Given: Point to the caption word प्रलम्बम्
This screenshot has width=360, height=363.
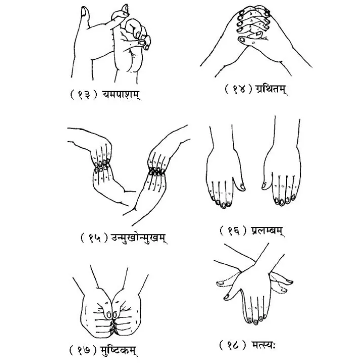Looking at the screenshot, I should (x=267, y=230).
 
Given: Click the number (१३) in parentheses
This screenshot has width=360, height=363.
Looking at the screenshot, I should (x=83, y=95).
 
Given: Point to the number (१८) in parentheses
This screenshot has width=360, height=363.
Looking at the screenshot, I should (x=232, y=346).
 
